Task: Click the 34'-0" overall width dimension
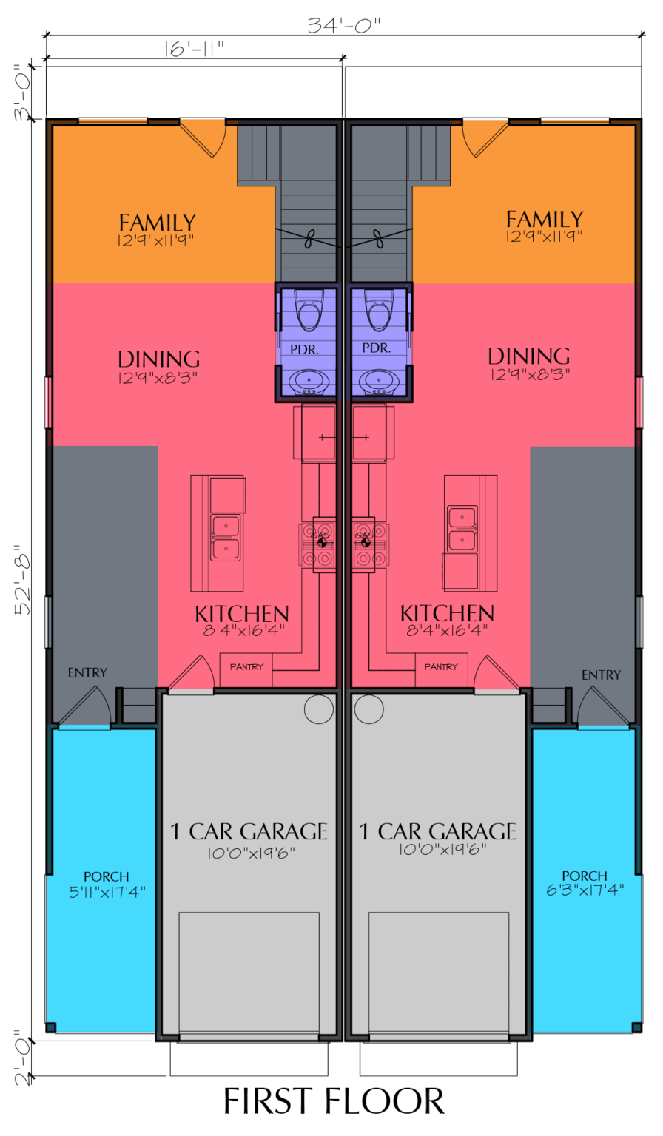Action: point(343,24)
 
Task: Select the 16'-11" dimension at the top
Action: point(194,49)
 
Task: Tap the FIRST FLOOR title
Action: point(334,1101)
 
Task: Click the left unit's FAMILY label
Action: point(157,222)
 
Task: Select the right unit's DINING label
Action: point(528,356)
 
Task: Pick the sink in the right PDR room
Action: point(378,382)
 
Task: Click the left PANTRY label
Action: point(246,667)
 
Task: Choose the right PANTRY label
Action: point(441,667)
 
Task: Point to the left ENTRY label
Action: point(87,673)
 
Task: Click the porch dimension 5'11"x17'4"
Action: point(107,892)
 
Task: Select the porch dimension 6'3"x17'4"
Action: point(585,890)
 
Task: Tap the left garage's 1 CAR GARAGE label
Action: point(249,831)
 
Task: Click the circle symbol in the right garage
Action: point(368,709)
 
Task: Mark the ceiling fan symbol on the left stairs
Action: point(309,238)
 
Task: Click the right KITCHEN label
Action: point(447,613)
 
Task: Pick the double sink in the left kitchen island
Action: point(226,538)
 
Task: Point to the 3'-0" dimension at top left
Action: point(23,92)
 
